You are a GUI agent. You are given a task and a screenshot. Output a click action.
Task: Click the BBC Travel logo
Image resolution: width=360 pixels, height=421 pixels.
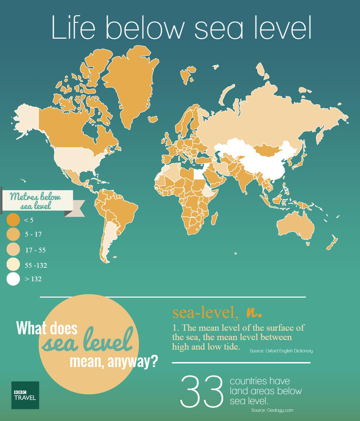click(25, 395)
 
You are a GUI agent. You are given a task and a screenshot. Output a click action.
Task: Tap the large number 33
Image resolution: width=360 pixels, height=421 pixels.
click(202, 390)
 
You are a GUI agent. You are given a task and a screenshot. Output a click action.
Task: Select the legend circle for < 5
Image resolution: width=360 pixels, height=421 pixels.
click(13, 220)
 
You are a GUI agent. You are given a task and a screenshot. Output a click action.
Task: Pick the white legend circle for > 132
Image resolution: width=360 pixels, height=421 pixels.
click(13, 279)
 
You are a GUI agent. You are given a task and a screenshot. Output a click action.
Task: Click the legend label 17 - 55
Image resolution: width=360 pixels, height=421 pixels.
click(35, 250)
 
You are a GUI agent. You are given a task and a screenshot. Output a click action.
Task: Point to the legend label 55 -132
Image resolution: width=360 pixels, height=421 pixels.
click(36, 265)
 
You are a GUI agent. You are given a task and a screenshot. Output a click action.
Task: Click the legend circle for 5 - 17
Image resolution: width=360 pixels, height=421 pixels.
click(13, 234)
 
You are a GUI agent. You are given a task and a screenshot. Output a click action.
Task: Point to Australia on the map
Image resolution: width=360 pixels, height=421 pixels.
click(295, 226)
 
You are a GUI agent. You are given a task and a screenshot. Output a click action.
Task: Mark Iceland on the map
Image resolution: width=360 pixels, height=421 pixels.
click(153, 119)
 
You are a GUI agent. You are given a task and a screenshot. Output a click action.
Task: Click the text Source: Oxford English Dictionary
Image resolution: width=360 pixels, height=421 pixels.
click(281, 351)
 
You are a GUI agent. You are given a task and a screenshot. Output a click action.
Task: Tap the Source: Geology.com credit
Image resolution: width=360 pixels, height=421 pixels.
click(272, 410)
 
